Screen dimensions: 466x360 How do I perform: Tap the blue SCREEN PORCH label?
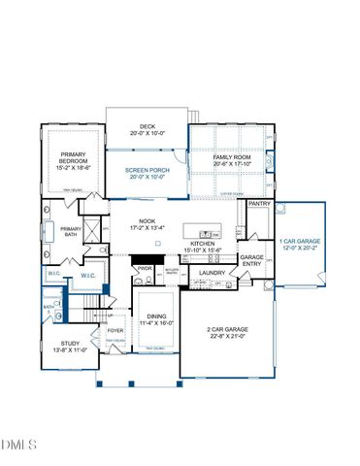coord(147,171)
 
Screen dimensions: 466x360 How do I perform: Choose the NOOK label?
coord(147,221)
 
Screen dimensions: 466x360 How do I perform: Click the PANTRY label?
coord(259,204)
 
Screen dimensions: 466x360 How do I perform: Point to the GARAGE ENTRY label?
coord(252,261)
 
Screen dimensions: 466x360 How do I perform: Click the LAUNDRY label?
coord(213,273)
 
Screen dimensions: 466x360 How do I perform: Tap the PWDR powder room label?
coord(146,268)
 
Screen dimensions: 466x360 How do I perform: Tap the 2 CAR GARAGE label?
coord(228,330)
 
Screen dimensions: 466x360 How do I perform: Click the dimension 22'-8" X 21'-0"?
coord(228,337)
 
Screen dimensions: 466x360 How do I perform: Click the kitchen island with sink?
coord(208,234)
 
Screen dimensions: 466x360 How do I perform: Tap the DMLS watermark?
coord(19,445)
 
